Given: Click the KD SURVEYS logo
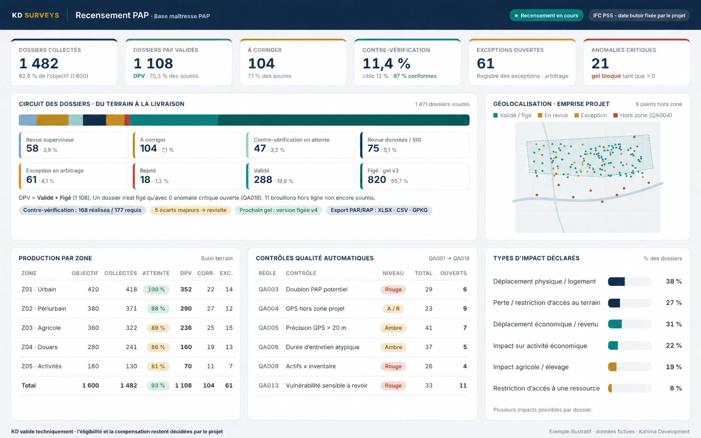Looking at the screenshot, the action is [x=35, y=15].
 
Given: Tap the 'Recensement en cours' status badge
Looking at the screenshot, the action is [x=546, y=15].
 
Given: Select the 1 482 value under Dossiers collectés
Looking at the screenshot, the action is [x=39, y=64].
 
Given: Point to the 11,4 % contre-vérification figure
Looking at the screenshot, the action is [x=386, y=64].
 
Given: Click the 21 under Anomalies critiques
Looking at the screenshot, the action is [x=600, y=64].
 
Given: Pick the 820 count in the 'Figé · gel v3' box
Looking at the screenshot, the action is [x=377, y=179].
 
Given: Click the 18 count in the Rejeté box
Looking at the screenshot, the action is [x=145, y=179].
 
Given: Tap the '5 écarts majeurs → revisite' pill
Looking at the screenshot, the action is [x=190, y=210].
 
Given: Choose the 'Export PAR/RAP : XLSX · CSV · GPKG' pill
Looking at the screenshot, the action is [x=379, y=210].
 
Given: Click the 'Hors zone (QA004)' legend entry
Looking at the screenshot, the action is [x=643, y=115].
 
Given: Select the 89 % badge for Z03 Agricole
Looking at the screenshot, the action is [x=158, y=328].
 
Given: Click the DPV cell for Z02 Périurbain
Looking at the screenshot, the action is [x=186, y=309].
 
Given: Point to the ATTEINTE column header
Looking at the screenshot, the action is [x=156, y=273].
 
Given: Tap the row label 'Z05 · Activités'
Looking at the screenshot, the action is [x=41, y=366].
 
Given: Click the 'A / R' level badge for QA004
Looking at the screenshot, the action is [x=393, y=309].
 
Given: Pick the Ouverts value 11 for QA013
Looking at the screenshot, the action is [x=463, y=385].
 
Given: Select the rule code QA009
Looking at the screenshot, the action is [x=268, y=366].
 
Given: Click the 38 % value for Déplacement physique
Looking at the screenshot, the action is [x=674, y=281].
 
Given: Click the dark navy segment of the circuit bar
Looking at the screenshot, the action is [x=95, y=120].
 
